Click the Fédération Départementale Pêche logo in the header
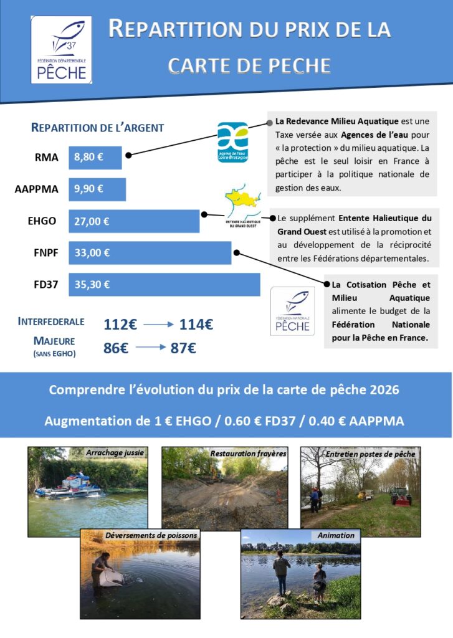[x=62, y=50]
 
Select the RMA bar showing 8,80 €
[x=95, y=158]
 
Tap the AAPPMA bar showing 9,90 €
[x=97, y=189]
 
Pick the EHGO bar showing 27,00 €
[x=133, y=221]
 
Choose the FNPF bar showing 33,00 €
[x=150, y=253]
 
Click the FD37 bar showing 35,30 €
[x=164, y=285]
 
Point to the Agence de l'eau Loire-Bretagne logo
[x=232, y=141]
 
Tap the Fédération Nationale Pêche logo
[x=292, y=311]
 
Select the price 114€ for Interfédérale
[x=196, y=325]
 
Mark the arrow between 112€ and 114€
[x=156, y=325]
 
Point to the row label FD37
[x=46, y=285]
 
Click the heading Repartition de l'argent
[x=97, y=128]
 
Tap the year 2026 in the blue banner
[x=384, y=390]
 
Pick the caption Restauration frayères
[x=248, y=454]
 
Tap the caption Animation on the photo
[x=335, y=535]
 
